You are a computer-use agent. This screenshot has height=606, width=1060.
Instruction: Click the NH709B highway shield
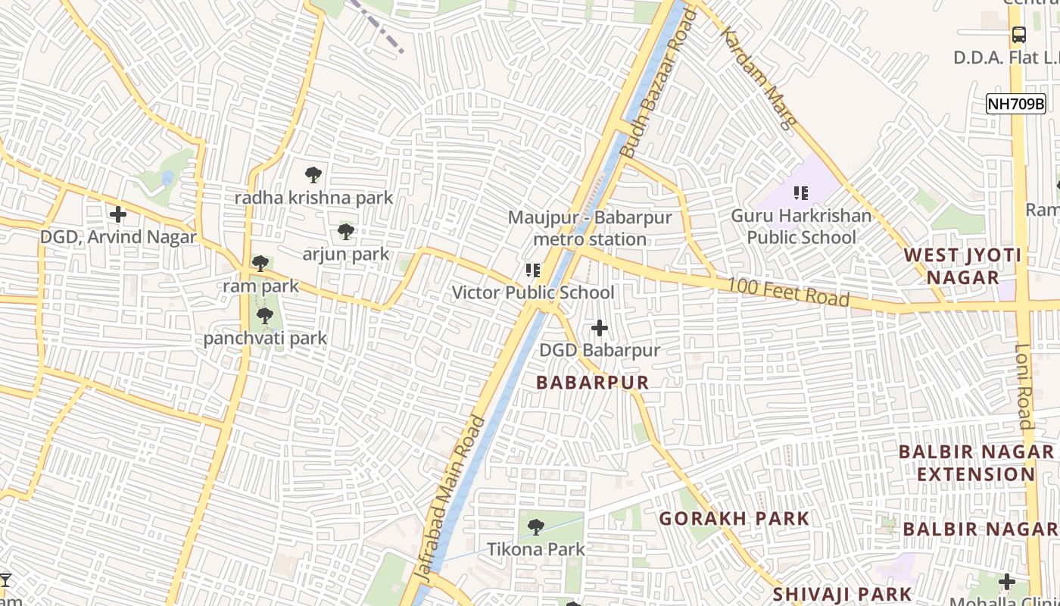coord(1015,105)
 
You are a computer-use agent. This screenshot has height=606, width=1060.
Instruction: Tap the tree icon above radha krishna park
coord(313,175)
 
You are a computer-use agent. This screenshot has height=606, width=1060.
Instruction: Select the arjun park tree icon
coord(346,231)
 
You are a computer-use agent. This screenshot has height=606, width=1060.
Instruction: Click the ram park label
coord(260,286)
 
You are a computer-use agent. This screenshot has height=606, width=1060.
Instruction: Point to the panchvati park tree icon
coord(264,315)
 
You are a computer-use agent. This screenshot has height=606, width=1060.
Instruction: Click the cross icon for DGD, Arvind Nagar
coord(118,214)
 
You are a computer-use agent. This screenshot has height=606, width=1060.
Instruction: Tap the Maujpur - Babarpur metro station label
coord(589,228)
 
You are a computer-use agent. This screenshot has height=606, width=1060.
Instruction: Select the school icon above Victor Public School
coord(532,270)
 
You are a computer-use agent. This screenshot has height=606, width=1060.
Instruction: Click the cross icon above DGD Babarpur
coord(600,328)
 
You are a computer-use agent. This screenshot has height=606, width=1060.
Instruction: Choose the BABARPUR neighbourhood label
coord(593,383)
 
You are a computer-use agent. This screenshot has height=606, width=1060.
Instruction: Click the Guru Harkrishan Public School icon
coord(801,193)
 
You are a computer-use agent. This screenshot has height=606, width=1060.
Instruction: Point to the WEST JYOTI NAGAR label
coord(962,266)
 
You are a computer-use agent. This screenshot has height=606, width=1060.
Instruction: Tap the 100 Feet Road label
coord(788,293)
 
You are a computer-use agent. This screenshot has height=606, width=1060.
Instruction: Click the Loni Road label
coord(1024,386)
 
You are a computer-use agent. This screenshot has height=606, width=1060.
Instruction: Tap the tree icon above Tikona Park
coord(536,526)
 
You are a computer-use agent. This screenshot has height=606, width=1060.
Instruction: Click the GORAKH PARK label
coord(734,519)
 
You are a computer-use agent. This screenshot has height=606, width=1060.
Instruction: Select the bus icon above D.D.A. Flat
coord(1019,35)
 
